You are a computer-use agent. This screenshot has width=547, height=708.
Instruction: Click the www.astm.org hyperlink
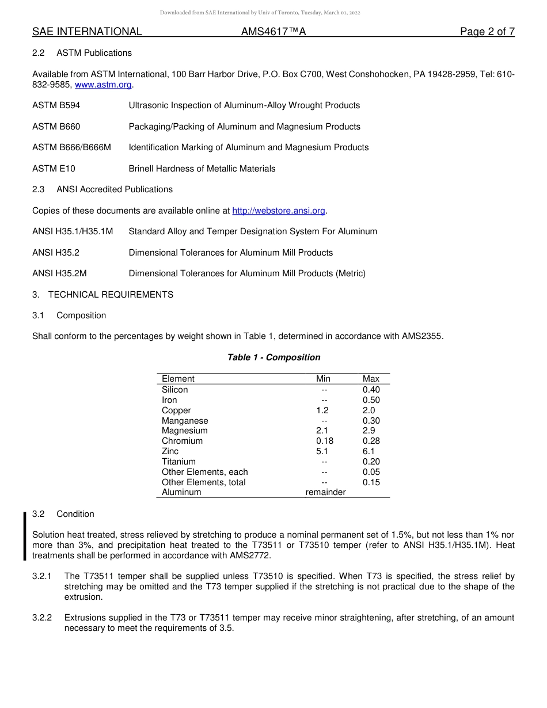tap(104, 85)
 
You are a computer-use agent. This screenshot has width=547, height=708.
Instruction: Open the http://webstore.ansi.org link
tap(279, 211)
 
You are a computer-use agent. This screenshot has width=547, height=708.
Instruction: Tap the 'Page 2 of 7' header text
tap(487, 32)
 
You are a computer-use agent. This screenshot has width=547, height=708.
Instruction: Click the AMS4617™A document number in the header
tap(273, 32)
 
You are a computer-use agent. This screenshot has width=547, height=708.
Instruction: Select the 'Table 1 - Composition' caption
tap(273, 357)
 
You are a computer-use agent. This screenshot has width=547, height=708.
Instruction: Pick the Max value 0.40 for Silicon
tap(371, 390)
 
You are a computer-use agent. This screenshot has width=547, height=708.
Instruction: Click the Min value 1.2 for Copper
tap(322, 410)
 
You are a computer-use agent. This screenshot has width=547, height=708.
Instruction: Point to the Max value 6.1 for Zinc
tap(369, 451)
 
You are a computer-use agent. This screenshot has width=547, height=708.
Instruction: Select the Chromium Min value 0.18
tap(325, 441)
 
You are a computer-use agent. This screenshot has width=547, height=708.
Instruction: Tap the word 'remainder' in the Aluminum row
tap(325, 492)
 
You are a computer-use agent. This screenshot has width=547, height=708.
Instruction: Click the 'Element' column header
tap(178, 379)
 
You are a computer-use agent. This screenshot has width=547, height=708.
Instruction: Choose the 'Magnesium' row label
tap(185, 431)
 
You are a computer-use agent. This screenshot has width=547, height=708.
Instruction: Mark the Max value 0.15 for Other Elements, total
tap(371, 482)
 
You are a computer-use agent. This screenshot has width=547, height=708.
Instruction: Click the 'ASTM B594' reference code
tap(56, 105)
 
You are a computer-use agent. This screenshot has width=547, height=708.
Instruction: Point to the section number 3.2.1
tap(42, 576)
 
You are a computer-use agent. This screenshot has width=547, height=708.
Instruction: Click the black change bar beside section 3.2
tap(25, 535)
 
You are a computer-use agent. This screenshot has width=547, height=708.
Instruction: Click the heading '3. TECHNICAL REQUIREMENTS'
tap(102, 295)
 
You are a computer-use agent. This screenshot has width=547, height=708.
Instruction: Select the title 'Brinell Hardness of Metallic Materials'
tap(202, 169)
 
